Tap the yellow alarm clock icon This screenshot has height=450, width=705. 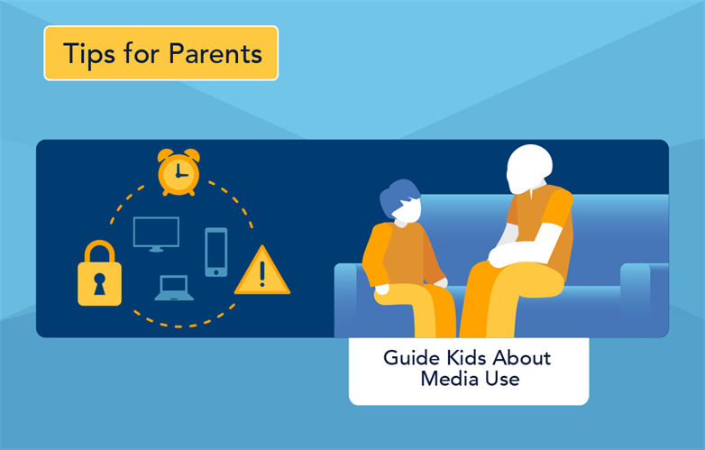click(x=177, y=172)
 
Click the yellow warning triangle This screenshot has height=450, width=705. click(x=262, y=271)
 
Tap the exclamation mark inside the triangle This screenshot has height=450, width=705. click(x=262, y=273)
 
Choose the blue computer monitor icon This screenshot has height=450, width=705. click(x=156, y=233)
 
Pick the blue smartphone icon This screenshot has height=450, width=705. click(x=216, y=251)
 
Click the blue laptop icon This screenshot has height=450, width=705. click(x=174, y=289)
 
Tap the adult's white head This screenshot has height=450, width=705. click(x=529, y=168)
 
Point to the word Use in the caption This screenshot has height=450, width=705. click(x=504, y=379)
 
